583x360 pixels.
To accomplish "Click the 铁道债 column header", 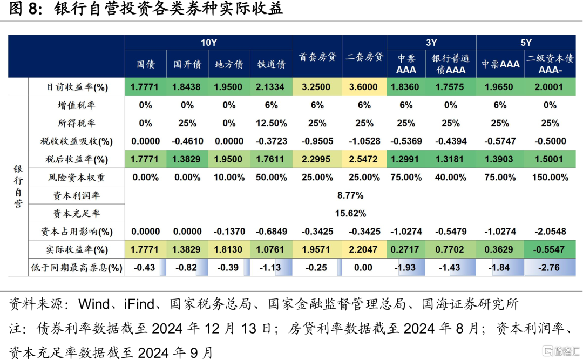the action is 272,64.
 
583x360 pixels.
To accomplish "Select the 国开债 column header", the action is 187,64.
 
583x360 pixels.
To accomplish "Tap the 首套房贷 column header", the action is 317,57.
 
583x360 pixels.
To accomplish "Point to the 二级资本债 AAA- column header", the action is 550,64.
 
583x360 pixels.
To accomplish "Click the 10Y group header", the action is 208,43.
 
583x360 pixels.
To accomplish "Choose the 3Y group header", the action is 431,43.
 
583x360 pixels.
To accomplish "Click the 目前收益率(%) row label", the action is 77,87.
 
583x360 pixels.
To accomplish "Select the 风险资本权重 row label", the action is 77,178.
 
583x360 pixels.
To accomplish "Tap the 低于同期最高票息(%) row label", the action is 77,267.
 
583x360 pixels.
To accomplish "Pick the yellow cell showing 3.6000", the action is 363,87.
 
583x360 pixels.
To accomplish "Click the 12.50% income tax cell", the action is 272,123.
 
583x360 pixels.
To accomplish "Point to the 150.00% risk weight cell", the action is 550,178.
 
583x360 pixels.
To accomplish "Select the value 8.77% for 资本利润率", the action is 350,195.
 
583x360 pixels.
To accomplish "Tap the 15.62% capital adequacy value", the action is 350,214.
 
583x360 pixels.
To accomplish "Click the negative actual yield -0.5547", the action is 550,249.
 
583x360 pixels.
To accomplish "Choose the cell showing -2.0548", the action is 550,232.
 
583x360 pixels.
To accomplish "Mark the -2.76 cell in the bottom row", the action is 550,267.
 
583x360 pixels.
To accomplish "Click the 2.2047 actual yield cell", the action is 363,249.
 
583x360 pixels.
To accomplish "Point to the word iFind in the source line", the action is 139,304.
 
